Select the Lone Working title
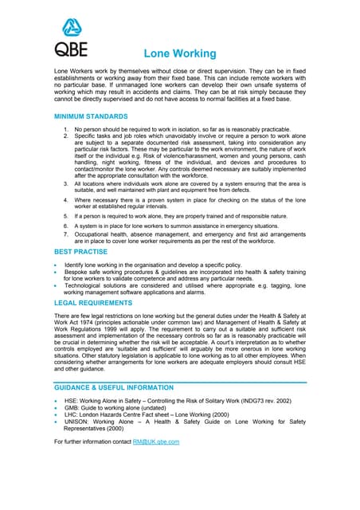coord(179,54)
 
